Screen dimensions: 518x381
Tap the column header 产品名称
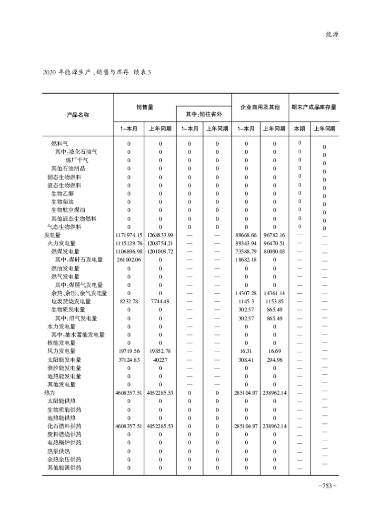[x=78, y=115]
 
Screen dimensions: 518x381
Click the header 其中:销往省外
[x=203, y=115]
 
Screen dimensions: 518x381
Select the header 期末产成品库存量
[x=314, y=108]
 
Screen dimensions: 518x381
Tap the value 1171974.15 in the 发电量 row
[x=129, y=235]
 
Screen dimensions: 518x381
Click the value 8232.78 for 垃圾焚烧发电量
[x=129, y=301]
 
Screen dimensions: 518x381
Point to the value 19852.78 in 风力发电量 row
[x=160, y=351]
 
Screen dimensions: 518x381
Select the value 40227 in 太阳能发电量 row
[x=160, y=359]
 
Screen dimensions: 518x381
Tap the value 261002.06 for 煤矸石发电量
[x=129, y=260]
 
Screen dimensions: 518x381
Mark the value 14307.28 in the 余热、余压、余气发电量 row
[x=246, y=293]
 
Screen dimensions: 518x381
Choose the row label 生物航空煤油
[x=68, y=210]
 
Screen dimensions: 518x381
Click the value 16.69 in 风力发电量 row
[x=275, y=351]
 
